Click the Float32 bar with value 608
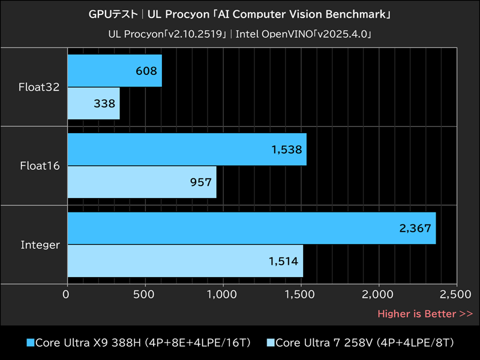coord(115,71)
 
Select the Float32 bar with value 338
coord(94,103)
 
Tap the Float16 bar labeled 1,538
coord(187,149)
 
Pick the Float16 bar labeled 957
coord(142,182)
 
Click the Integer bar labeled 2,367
coord(251,228)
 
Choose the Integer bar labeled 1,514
coord(185,260)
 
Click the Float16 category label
coord(40,166)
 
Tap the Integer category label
coord(40,245)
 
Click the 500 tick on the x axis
coord(145,295)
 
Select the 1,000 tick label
coord(223,295)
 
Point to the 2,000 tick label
coord(379,295)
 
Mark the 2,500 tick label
coord(456,295)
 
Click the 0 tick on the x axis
coord(67,295)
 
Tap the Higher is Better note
coord(425,313)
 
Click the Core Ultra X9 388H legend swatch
coord(30,343)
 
